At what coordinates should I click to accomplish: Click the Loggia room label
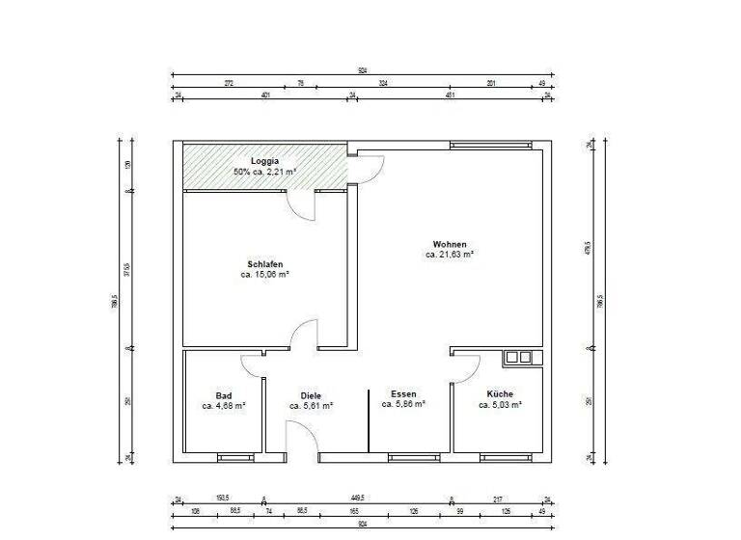pyautogui.click(x=264, y=160)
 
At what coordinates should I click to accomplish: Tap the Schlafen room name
pyautogui.click(x=264, y=263)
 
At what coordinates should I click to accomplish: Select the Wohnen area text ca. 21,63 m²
pyautogui.click(x=450, y=255)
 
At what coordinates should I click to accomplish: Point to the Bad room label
pyautogui.click(x=223, y=395)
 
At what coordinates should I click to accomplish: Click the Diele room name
pyautogui.click(x=311, y=396)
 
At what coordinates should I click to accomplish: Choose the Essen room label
pyautogui.click(x=403, y=394)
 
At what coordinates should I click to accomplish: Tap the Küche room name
pyautogui.click(x=500, y=394)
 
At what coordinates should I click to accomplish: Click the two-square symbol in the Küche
pyautogui.click(x=518, y=358)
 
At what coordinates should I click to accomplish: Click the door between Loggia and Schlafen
pyautogui.click(x=301, y=204)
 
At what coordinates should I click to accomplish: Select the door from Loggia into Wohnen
pyautogui.click(x=366, y=169)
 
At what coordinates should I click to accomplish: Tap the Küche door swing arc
pyautogui.click(x=468, y=366)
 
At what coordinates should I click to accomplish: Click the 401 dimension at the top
pyautogui.click(x=264, y=95)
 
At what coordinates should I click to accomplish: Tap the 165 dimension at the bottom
pyautogui.click(x=354, y=510)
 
